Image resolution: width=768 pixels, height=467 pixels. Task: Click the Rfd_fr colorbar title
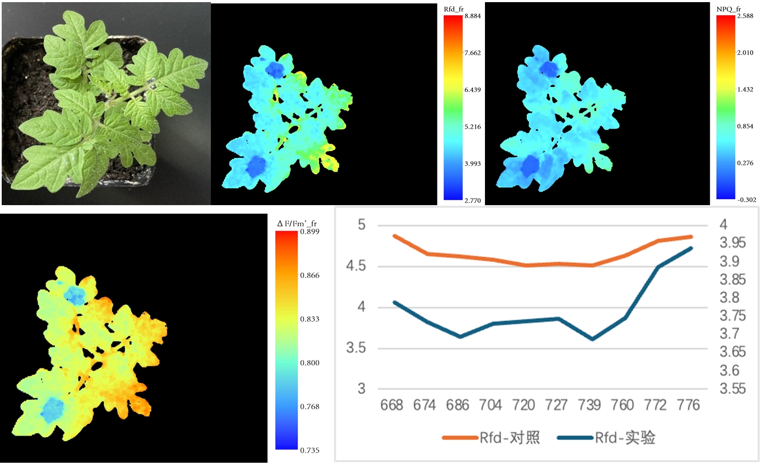[x=453, y=9]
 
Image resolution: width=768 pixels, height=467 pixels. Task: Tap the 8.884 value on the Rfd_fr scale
[x=473, y=16]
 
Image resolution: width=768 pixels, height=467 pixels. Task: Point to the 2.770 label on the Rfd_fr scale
[x=473, y=200]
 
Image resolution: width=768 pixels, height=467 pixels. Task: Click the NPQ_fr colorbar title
[x=728, y=9]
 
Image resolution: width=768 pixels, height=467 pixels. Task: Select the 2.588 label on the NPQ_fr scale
[x=745, y=16]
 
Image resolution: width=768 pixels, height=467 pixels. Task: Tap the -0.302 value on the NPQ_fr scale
[x=746, y=200]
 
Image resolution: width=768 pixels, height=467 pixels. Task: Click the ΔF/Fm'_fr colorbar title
[x=297, y=223]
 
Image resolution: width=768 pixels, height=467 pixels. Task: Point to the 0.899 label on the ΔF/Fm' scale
[x=310, y=232]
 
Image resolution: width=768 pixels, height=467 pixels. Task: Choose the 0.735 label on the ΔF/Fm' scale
[x=310, y=450]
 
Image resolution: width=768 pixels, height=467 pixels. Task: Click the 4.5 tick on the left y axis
[x=356, y=266]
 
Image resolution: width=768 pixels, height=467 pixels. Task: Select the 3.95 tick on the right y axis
[x=733, y=243]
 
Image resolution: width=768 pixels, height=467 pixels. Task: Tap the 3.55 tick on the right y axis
[x=733, y=389]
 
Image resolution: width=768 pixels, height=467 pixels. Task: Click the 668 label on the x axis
[x=391, y=405]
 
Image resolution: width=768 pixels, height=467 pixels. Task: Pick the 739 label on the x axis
[x=589, y=405]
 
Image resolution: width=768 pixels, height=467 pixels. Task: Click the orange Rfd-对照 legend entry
[x=491, y=438]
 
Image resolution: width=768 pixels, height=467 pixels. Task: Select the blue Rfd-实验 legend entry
[x=606, y=438]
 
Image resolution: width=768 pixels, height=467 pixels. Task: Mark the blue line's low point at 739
[x=593, y=339]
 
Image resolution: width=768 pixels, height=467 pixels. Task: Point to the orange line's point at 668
[x=394, y=236]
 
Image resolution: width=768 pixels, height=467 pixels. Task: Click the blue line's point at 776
[x=691, y=248]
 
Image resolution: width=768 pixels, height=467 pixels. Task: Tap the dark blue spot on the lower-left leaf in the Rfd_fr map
[x=256, y=166]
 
